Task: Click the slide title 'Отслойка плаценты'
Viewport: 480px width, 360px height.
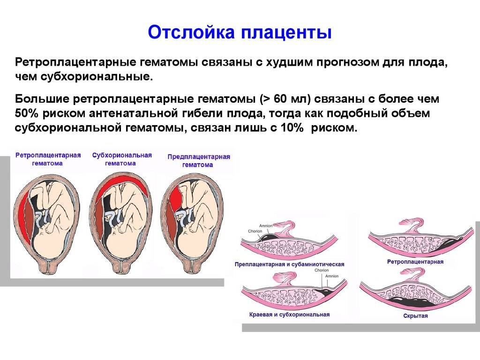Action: (240, 32)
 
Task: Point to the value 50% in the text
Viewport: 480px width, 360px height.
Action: (26, 113)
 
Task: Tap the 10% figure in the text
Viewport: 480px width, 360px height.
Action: (292, 127)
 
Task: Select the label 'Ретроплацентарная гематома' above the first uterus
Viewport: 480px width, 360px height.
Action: (48, 159)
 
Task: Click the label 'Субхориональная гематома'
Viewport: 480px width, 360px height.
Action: (122, 159)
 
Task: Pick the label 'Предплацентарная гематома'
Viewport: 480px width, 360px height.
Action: (199, 161)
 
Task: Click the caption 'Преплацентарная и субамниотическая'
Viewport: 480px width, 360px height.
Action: (289, 264)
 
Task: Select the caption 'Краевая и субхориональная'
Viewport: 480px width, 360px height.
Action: (289, 315)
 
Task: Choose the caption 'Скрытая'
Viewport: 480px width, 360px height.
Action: (415, 315)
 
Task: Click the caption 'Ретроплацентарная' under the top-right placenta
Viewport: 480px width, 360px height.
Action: (415, 262)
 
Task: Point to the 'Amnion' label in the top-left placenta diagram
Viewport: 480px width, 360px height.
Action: (266, 225)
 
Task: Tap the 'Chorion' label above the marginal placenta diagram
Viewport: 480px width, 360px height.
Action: (322, 270)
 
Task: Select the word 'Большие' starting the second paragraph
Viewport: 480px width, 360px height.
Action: (41, 99)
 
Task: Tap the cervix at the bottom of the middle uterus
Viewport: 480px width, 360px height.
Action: (121, 266)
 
